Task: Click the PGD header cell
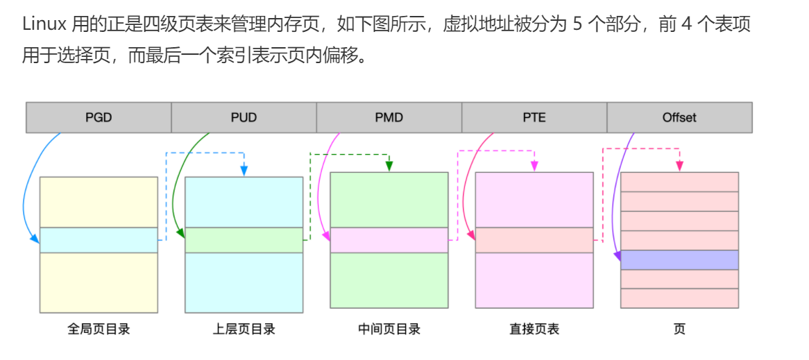click(x=99, y=117)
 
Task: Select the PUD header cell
click(x=244, y=117)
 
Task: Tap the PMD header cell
click(x=389, y=117)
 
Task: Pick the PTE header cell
click(x=534, y=117)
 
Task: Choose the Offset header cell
click(x=679, y=117)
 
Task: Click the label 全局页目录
click(x=99, y=329)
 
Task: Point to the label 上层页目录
click(x=244, y=329)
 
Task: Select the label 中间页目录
click(x=389, y=329)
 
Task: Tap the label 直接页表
click(x=534, y=329)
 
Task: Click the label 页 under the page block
click(x=679, y=329)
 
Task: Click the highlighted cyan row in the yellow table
click(x=99, y=240)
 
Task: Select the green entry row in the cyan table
click(x=244, y=240)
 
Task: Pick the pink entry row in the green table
click(x=389, y=240)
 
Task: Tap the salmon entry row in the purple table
click(x=534, y=240)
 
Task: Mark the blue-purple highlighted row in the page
click(x=679, y=260)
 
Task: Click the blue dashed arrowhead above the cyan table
click(x=244, y=170)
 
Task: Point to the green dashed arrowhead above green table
click(x=389, y=166)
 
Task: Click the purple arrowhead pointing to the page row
click(x=618, y=257)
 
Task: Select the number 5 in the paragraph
click(x=578, y=25)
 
